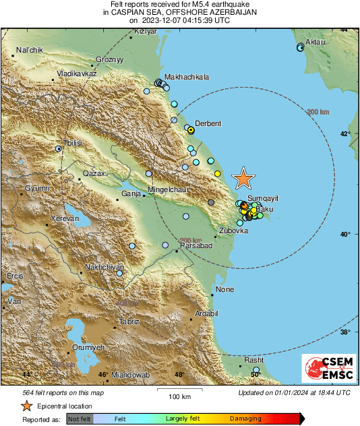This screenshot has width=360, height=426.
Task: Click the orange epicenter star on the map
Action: point(243,178)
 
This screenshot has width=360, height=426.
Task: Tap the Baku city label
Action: point(264,210)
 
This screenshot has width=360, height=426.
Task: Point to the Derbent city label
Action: point(208,123)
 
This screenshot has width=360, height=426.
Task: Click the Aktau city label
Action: point(316,42)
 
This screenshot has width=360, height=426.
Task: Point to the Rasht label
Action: point(253,361)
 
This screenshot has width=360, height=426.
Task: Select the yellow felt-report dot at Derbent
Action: point(191,129)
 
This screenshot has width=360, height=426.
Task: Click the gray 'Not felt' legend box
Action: point(80,419)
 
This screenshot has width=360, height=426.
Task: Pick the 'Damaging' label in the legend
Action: point(245,419)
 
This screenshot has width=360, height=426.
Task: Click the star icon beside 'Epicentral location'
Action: point(26,406)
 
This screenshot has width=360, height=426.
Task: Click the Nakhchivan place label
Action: point(102,268)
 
